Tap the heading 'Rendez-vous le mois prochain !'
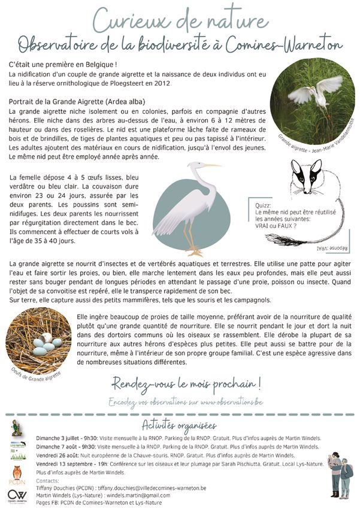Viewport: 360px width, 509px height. (x=186, y=383)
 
